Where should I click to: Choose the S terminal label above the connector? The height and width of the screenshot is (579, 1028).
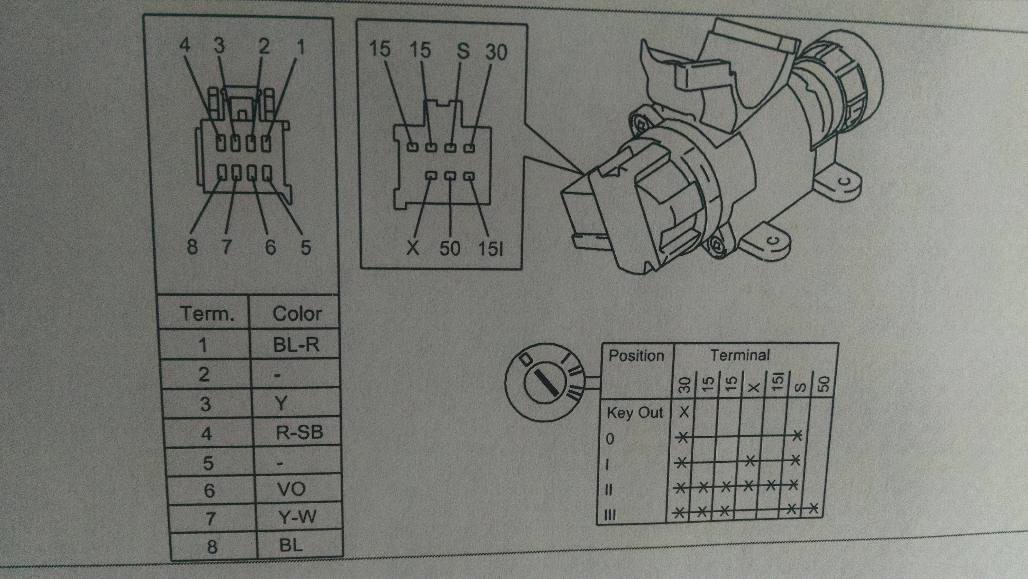coord(463,51)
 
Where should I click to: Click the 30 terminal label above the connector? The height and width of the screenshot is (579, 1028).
coord(496,52)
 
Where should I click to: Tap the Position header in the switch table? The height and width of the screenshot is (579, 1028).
coord(636,355)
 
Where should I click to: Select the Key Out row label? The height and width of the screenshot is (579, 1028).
coord(634,413)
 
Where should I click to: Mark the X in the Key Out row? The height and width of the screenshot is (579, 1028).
coord(684,412)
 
